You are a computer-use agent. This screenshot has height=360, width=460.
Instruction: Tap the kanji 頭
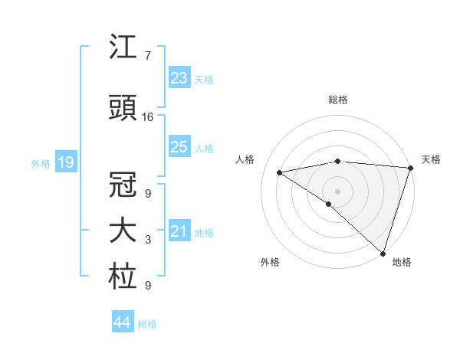[x=123, y=108]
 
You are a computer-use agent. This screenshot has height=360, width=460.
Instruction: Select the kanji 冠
[x=123, y=184]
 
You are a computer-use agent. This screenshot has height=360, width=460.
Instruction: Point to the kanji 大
[x=123, y=231]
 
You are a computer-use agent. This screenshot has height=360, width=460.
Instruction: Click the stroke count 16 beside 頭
[x=148, y=117]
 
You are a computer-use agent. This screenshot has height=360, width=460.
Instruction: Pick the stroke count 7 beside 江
[x=147, y=56]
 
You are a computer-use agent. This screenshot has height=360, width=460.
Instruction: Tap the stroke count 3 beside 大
[x=148, y=241]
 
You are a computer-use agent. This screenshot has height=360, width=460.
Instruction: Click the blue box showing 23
[x=179, y=77]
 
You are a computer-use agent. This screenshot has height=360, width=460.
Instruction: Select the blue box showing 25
[x=179, y=147]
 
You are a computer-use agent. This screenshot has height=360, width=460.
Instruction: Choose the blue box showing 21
[x=179, y=231]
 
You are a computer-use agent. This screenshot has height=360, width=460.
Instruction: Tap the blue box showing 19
[x=65, y=162]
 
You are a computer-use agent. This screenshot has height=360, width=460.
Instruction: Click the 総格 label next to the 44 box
[x=147, y=324]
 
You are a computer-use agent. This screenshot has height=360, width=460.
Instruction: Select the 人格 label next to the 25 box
[x=203, y=149]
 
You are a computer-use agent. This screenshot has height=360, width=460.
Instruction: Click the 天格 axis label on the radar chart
[x=431, y=159]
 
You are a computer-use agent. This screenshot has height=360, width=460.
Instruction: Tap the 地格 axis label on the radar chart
[x=402, y=262]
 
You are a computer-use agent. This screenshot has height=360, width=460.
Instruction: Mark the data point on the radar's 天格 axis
[x=410, y=167]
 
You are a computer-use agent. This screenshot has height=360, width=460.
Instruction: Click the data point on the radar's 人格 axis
[x=280, y=172]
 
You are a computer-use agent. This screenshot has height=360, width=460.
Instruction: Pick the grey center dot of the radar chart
[x=337, y=191]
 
